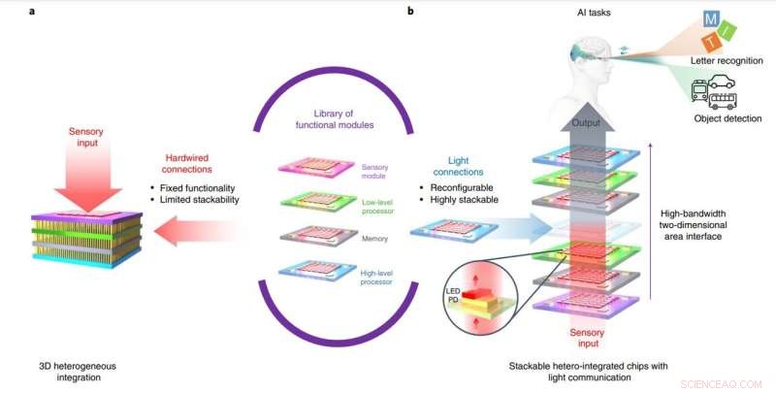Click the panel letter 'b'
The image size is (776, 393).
[411, 12]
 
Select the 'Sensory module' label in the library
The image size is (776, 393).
[373, 173]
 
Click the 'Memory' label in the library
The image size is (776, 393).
[373, 236]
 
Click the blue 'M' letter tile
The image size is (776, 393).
[713, 20]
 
